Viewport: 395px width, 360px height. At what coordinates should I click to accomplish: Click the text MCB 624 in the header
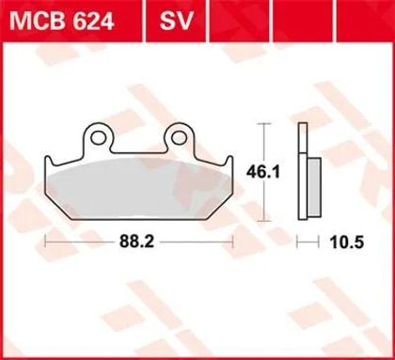[x=61, y=22]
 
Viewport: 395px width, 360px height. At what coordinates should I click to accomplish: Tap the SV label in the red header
[x=176, y=22]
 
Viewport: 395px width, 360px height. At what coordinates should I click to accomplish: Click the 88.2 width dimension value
[x=136, y=242]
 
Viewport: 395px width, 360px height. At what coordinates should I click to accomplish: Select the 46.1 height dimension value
[x=262, y=172]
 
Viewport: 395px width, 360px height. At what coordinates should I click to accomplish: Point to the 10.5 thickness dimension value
[x=346, y=243]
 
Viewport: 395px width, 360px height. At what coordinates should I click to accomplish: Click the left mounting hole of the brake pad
[x=98, y=137]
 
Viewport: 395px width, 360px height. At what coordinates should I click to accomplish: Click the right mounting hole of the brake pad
[x=179, y=137]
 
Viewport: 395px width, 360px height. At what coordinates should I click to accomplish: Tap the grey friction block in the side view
[x=314, y=187]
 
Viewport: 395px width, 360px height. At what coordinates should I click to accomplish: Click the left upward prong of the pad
[x=49, y=162]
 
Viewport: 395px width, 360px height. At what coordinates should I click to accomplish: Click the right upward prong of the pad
[x=229, y=162]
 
